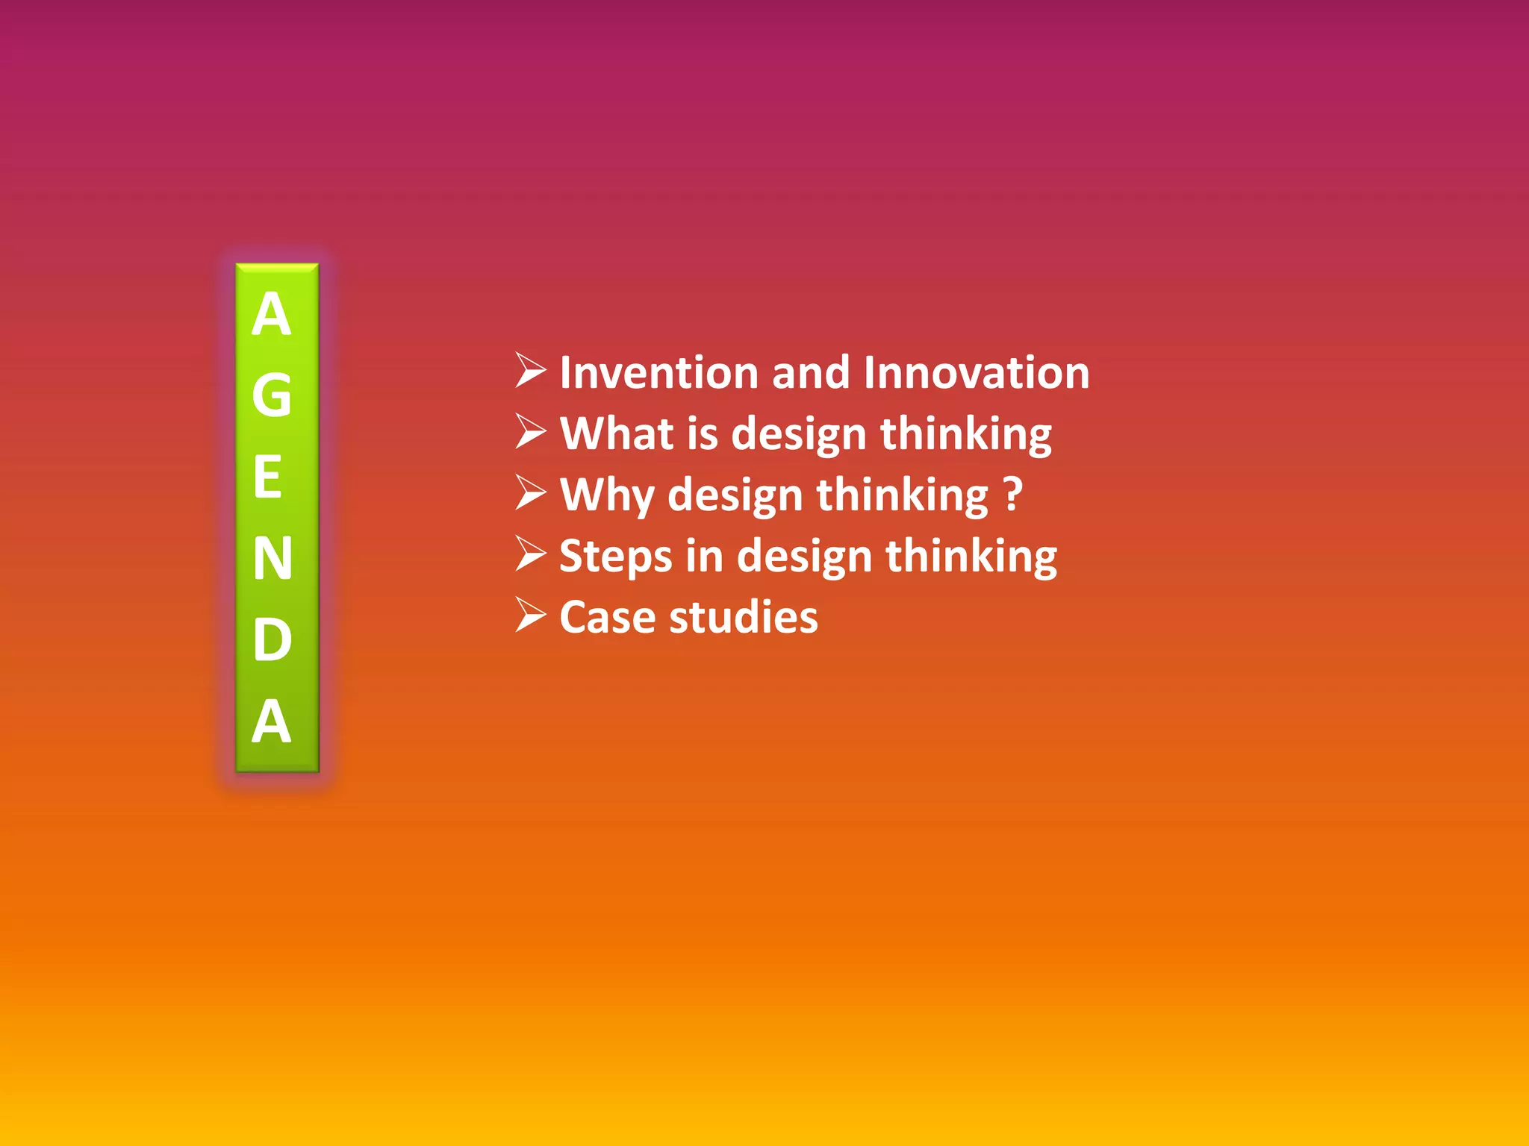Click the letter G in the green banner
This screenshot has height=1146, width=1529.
[271, 395]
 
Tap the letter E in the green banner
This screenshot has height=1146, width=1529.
[268, 477]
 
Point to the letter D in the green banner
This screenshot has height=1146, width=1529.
[272, 639]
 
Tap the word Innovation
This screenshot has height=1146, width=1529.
[976, 372]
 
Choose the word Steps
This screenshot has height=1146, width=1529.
[616, 557]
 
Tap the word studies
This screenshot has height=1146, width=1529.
[743, 618]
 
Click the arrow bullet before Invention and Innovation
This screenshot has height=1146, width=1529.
[531, 371]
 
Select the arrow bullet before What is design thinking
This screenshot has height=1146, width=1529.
[531, 432]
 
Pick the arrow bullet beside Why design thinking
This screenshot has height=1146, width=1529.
[531, 493]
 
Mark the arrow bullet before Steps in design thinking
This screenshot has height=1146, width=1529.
[531, 554]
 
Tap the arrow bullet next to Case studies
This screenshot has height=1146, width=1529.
[531, 616]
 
